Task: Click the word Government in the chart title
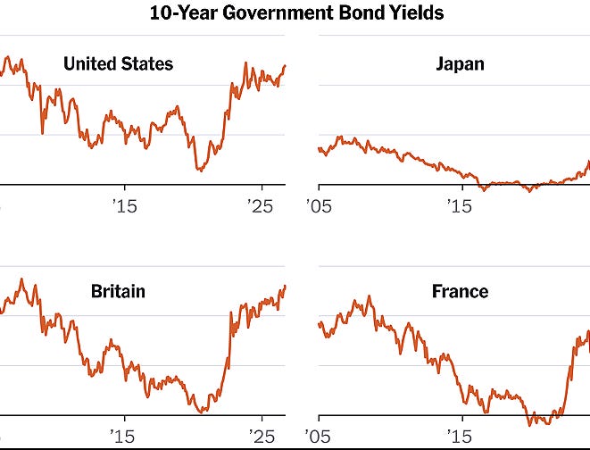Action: [x=278, y=12]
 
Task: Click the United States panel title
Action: [x=118, y=63]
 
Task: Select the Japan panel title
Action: [x=460, y=64]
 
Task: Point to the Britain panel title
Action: [x=118, y=291]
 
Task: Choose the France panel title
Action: [x=460, y=291]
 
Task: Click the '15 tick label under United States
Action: [x=125, y=206]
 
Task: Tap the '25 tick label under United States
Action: [x=261, y=206]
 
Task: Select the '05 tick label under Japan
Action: [x=319, y=206]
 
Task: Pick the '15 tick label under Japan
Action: [x=460, y=206]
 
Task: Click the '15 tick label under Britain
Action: [x=122, y=437]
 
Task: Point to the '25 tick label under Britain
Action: [x=262, y=437]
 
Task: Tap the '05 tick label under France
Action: [x=318, y=437]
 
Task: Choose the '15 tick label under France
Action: [x=460, y=437]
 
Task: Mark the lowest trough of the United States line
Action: [x=201, y=171]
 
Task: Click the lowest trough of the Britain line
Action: [x=202, y=412]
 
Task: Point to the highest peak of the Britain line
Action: [x=21, y=279]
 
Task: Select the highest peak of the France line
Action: [x=370, y=296]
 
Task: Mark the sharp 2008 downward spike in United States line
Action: [x=42, y=132]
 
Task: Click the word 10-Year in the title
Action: [x=183, y=12]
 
